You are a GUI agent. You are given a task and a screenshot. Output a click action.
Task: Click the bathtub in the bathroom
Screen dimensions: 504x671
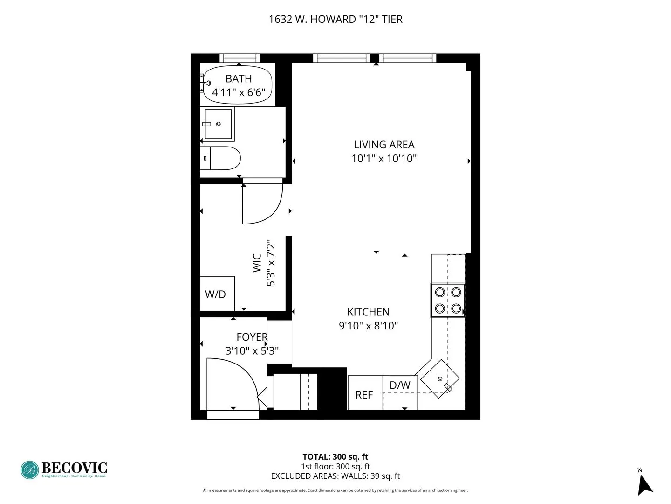[238, 85]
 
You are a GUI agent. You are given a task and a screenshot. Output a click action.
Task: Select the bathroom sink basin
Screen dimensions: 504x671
[218, 124]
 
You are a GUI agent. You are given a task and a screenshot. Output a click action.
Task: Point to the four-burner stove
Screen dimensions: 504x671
[448, 300]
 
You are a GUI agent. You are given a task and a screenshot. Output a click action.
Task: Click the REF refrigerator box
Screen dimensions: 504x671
[365, 394]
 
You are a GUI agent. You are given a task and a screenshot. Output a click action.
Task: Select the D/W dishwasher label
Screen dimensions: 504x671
[400, 385]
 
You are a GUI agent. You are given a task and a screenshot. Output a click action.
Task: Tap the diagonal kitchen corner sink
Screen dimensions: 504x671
[440, 378]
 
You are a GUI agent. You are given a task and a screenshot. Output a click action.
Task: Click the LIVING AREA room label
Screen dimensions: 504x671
[384, 145]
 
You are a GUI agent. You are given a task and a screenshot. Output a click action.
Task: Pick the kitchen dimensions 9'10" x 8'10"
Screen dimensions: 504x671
[368, 326]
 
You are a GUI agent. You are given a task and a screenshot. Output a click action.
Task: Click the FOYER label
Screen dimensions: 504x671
[252, 337]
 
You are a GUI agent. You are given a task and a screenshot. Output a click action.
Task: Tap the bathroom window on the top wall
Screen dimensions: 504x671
[240, 58]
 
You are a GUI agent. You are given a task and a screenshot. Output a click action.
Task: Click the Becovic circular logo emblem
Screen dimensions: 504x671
[29, 470]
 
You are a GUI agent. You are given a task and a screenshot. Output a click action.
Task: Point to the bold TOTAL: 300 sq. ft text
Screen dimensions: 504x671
[335, 457]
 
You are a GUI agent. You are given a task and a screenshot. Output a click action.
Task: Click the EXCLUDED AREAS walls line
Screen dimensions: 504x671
[335, 476]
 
